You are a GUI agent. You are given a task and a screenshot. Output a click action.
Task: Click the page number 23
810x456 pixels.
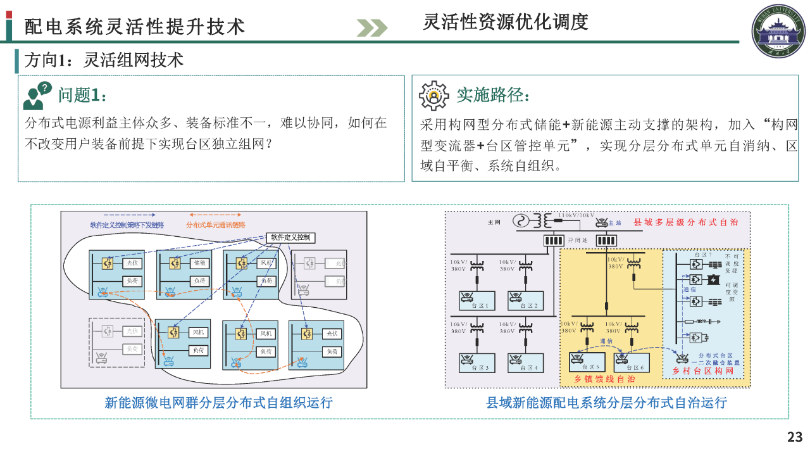(x=795, y=437)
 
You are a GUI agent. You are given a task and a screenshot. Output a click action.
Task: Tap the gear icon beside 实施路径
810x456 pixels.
(x=433, y=95)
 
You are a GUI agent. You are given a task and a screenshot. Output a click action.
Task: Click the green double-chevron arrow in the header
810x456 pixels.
(x=371, y=27)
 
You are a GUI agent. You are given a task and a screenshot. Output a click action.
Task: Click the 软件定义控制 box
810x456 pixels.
(x=292, y=237)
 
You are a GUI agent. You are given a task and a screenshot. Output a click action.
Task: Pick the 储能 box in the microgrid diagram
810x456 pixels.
(x=200, y=263)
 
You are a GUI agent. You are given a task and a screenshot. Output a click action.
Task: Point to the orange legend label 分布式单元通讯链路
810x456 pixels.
(x=216, y=225)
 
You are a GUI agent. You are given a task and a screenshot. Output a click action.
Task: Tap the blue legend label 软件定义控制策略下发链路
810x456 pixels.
(x=127, y=225)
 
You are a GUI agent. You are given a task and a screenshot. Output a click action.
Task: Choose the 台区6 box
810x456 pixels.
(x=632, y=362)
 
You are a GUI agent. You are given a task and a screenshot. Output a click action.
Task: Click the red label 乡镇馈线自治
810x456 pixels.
(x=604, y=379)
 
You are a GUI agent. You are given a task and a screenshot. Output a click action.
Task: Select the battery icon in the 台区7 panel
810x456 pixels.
(x=714, y=279)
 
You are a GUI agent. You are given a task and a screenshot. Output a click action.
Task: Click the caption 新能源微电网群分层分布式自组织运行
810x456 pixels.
(x=218, y=403)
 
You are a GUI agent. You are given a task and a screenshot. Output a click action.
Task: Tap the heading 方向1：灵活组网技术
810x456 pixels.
(x=104, y=60)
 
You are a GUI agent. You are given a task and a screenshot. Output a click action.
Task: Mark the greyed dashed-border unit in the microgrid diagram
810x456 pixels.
(x=117, y=342)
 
